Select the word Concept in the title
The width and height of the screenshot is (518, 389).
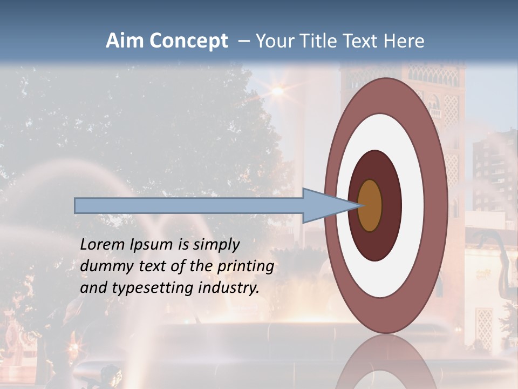pos(188,41)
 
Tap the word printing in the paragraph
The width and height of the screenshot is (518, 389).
pos(245,267)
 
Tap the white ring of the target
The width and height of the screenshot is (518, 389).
pos(413,205)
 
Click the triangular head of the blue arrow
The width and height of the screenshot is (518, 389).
pos(324,205)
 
